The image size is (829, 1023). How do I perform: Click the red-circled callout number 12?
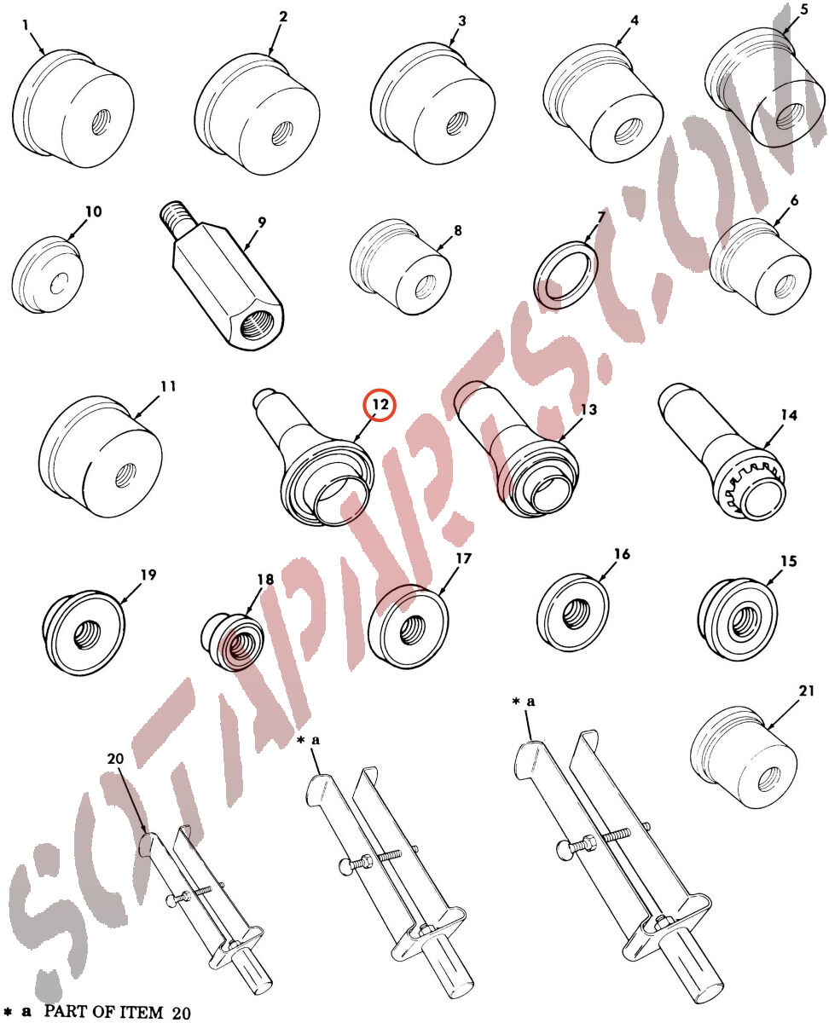(380, 404)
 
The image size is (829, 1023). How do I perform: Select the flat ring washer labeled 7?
(565, 275)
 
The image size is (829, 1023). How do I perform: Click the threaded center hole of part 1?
(101, 122)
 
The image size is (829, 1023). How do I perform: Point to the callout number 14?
(789, 414)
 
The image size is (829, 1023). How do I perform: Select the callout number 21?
(807, 691)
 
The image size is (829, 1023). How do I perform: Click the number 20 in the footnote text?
(181, 1013)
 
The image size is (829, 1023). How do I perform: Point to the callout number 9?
(262, 223)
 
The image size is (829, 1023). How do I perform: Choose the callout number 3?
(461, 21)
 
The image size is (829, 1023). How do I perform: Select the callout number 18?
(265, 579)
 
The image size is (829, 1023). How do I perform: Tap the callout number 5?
(804, 10)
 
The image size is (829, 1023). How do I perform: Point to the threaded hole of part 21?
(768, 780)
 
